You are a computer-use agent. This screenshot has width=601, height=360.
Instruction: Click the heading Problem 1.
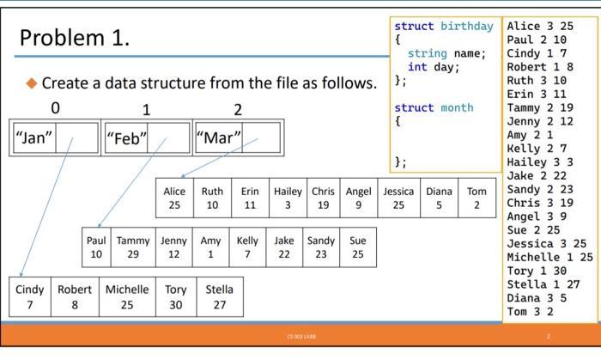click(74, 39)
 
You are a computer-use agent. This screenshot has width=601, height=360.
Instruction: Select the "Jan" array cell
click(34, 137)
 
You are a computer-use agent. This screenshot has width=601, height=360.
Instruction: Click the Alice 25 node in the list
click(174, 198)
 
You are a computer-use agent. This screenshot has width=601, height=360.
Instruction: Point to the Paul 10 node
click(96, 248)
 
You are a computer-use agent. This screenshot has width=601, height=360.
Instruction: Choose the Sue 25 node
click(357, 248)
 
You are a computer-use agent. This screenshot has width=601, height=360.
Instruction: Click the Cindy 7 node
click(30, 297)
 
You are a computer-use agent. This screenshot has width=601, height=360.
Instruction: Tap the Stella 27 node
click(219, 297)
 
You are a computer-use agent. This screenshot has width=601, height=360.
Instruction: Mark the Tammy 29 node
click(132, 248)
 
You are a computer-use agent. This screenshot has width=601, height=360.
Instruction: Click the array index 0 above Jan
click(56, 109)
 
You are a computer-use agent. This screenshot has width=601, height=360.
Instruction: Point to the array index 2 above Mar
click(238, 109)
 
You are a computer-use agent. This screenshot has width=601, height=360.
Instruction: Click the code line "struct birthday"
click(444, 27)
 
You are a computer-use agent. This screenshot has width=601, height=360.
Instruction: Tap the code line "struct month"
click(434, 107)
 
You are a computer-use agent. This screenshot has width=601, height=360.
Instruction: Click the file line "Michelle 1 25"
click(549, 257)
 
